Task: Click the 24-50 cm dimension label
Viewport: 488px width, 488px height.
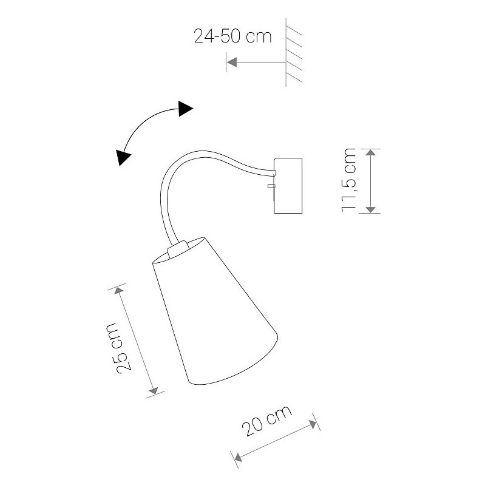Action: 232,36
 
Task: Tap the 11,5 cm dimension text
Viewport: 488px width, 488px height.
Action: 348,180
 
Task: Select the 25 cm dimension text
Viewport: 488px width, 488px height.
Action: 119,348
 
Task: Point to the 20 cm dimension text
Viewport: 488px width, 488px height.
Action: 267,421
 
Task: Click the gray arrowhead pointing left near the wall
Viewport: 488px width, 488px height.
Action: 232,63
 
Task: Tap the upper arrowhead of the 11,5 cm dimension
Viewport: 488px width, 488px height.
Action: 370,152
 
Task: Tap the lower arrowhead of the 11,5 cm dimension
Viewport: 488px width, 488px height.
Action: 370,209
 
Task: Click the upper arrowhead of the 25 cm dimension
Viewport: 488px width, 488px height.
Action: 118,291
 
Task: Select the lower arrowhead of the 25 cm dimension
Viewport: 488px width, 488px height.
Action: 154,391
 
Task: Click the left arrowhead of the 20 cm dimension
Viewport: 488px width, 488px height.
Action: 238,457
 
